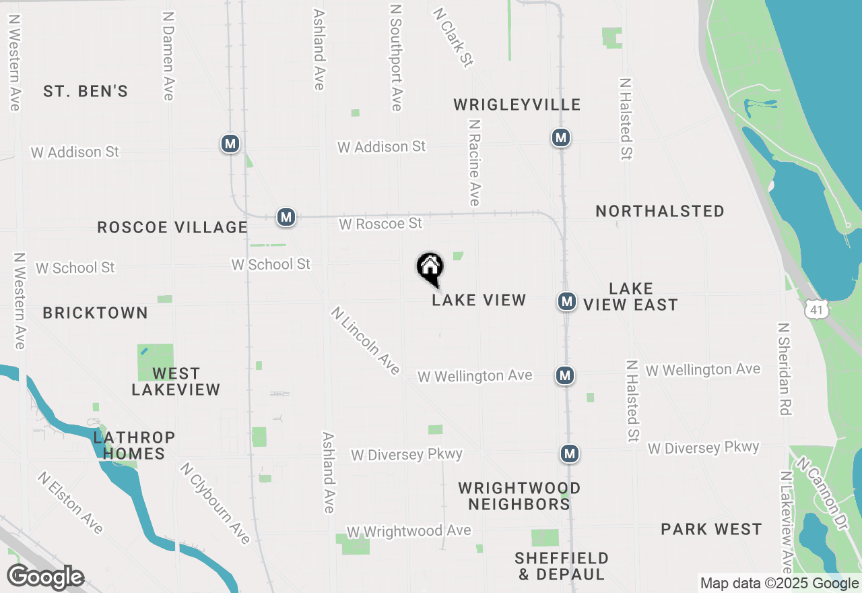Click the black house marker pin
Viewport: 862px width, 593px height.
[x=430, y=268]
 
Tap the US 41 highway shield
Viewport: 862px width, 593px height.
[x=817, y=308]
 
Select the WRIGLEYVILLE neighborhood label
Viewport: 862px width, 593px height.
[x=517, y=104]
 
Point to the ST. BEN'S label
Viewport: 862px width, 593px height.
[x=86, y=92]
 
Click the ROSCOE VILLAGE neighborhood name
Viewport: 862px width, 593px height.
[x=172, y=227]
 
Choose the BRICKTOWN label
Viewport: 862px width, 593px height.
[x=95, y=313]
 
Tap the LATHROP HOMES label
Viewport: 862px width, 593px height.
[x=134, y=445]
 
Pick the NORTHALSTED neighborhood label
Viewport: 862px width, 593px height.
[x=660, y=211]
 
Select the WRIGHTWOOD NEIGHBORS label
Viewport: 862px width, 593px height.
[x=519, y=496]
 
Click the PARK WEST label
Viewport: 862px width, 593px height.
[x=711, y=529]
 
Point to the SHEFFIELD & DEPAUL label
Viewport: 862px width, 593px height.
[x=562, y=566]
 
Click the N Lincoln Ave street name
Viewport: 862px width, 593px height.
[x=366, y=340]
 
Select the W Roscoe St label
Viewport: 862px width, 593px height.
[x=380, y=223]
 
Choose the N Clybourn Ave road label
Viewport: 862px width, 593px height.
[x=215, y=502]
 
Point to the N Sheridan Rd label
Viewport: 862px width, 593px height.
[x=785, y=369]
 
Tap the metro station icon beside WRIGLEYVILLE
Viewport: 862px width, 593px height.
[x=560, y=137]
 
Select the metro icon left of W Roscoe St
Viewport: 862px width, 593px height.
[x=286, y=217]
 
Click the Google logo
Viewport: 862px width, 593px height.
[x=46, y=578]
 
